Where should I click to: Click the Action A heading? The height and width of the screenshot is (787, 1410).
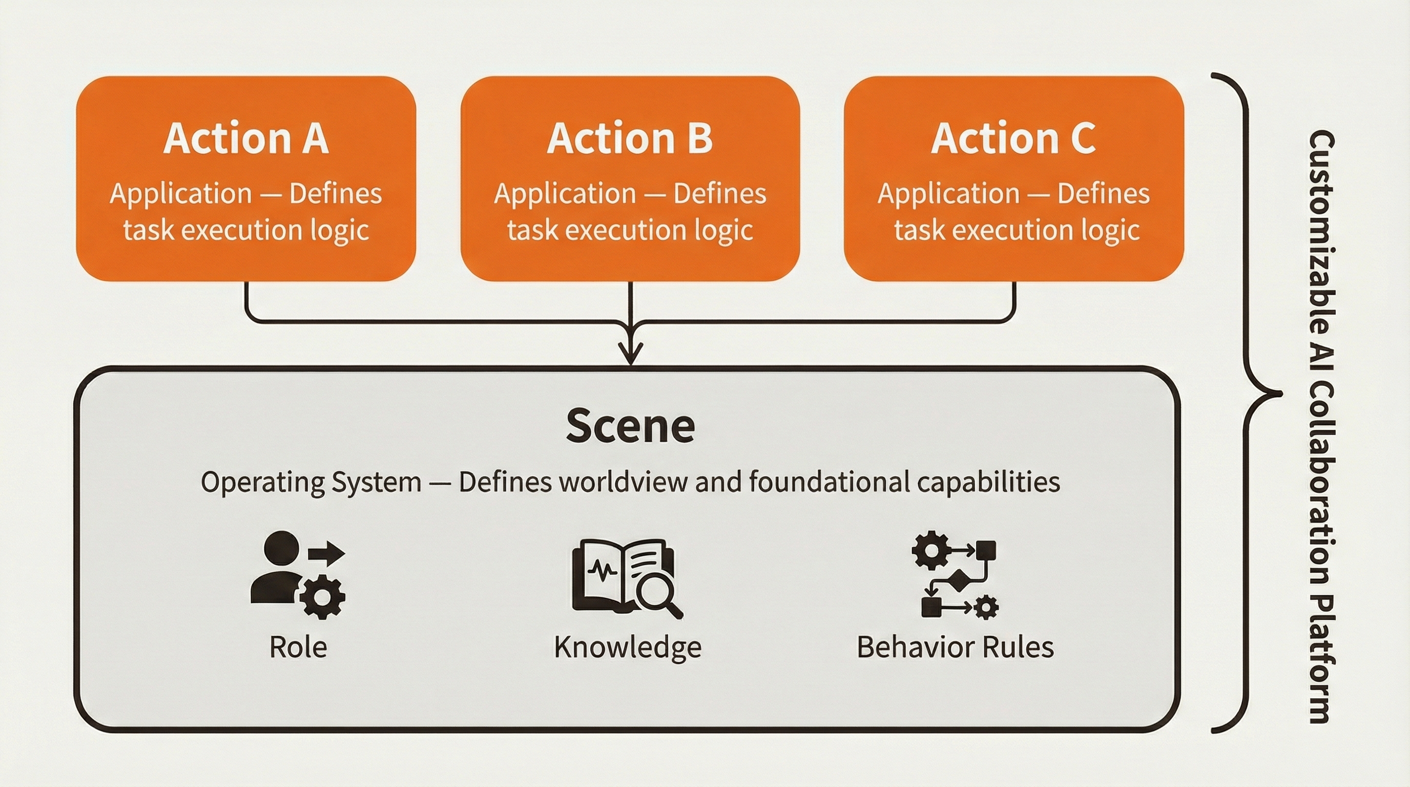(x=246, y=138)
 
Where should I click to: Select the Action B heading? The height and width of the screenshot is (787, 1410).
(x=630, y=138)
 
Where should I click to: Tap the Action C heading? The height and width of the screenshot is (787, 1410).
(x=1014, y=138)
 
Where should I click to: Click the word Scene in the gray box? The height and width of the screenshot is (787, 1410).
(x=630, y=426)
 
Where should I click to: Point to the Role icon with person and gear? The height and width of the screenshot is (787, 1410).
(x=297, y=575)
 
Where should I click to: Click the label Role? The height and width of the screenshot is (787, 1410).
(x=298, y=647)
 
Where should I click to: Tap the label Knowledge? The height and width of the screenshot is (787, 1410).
(x=627, y=647)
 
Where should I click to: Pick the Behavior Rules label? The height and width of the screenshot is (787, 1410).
(x=955, y=647)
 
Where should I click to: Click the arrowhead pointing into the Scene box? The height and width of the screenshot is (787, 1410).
(x=631, y=353)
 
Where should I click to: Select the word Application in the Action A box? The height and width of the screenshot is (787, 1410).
(x=181, y=194)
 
